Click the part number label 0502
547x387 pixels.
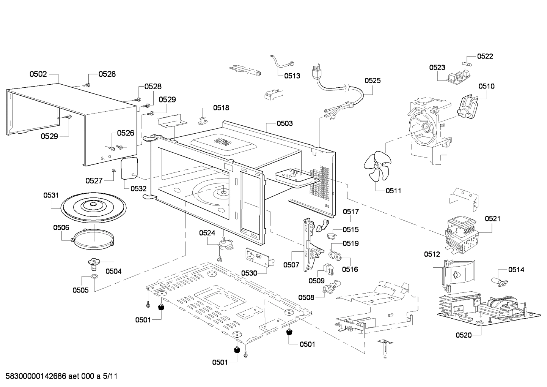tap(38, 74)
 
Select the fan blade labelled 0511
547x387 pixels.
tap(376, 167)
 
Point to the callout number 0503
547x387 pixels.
tap(285, 123)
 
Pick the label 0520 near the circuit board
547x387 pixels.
tap(464, 335)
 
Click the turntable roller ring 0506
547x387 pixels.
tap(92, 240)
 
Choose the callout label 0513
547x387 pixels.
tap(292, 76)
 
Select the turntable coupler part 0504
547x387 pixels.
tap(93, 262)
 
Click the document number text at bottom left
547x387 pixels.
tap(61, 376)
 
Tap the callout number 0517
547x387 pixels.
tap(351, 212)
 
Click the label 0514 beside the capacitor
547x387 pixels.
tap(516, 270)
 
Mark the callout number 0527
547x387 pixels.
tap(94, 181)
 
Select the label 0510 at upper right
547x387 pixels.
tap(486, 86)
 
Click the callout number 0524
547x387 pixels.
tap(207, 233)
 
